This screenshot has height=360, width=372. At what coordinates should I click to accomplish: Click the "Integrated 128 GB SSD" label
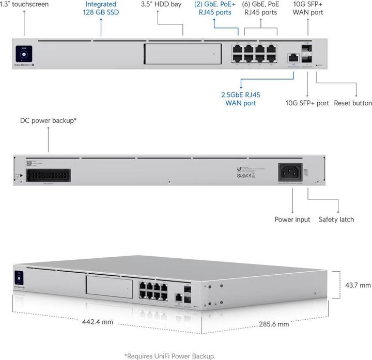point(101,8)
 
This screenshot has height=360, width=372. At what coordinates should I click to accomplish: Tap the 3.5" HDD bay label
point(161,4)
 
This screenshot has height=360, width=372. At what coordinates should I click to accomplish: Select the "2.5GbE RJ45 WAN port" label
point(240,99)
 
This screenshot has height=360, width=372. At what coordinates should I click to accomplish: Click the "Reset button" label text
point(353,103)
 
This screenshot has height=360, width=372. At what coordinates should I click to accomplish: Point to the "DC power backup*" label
point(49,120)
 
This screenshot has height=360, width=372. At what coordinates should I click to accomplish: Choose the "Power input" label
point(292,220)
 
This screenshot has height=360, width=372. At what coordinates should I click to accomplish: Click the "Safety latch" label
point(336,220)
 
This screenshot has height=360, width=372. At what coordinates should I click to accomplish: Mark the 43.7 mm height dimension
point(358,285)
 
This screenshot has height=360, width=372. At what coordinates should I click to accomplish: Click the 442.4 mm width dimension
point(98,322)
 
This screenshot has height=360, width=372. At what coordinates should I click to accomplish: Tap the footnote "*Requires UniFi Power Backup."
point(169,355)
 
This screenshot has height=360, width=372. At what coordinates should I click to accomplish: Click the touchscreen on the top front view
point(24,53)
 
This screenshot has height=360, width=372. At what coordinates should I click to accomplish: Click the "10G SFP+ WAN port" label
point(307,8)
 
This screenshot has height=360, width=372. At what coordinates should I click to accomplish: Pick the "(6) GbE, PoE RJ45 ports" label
point(261,8)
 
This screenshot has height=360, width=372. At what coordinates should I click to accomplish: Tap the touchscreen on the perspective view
point(20,278)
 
